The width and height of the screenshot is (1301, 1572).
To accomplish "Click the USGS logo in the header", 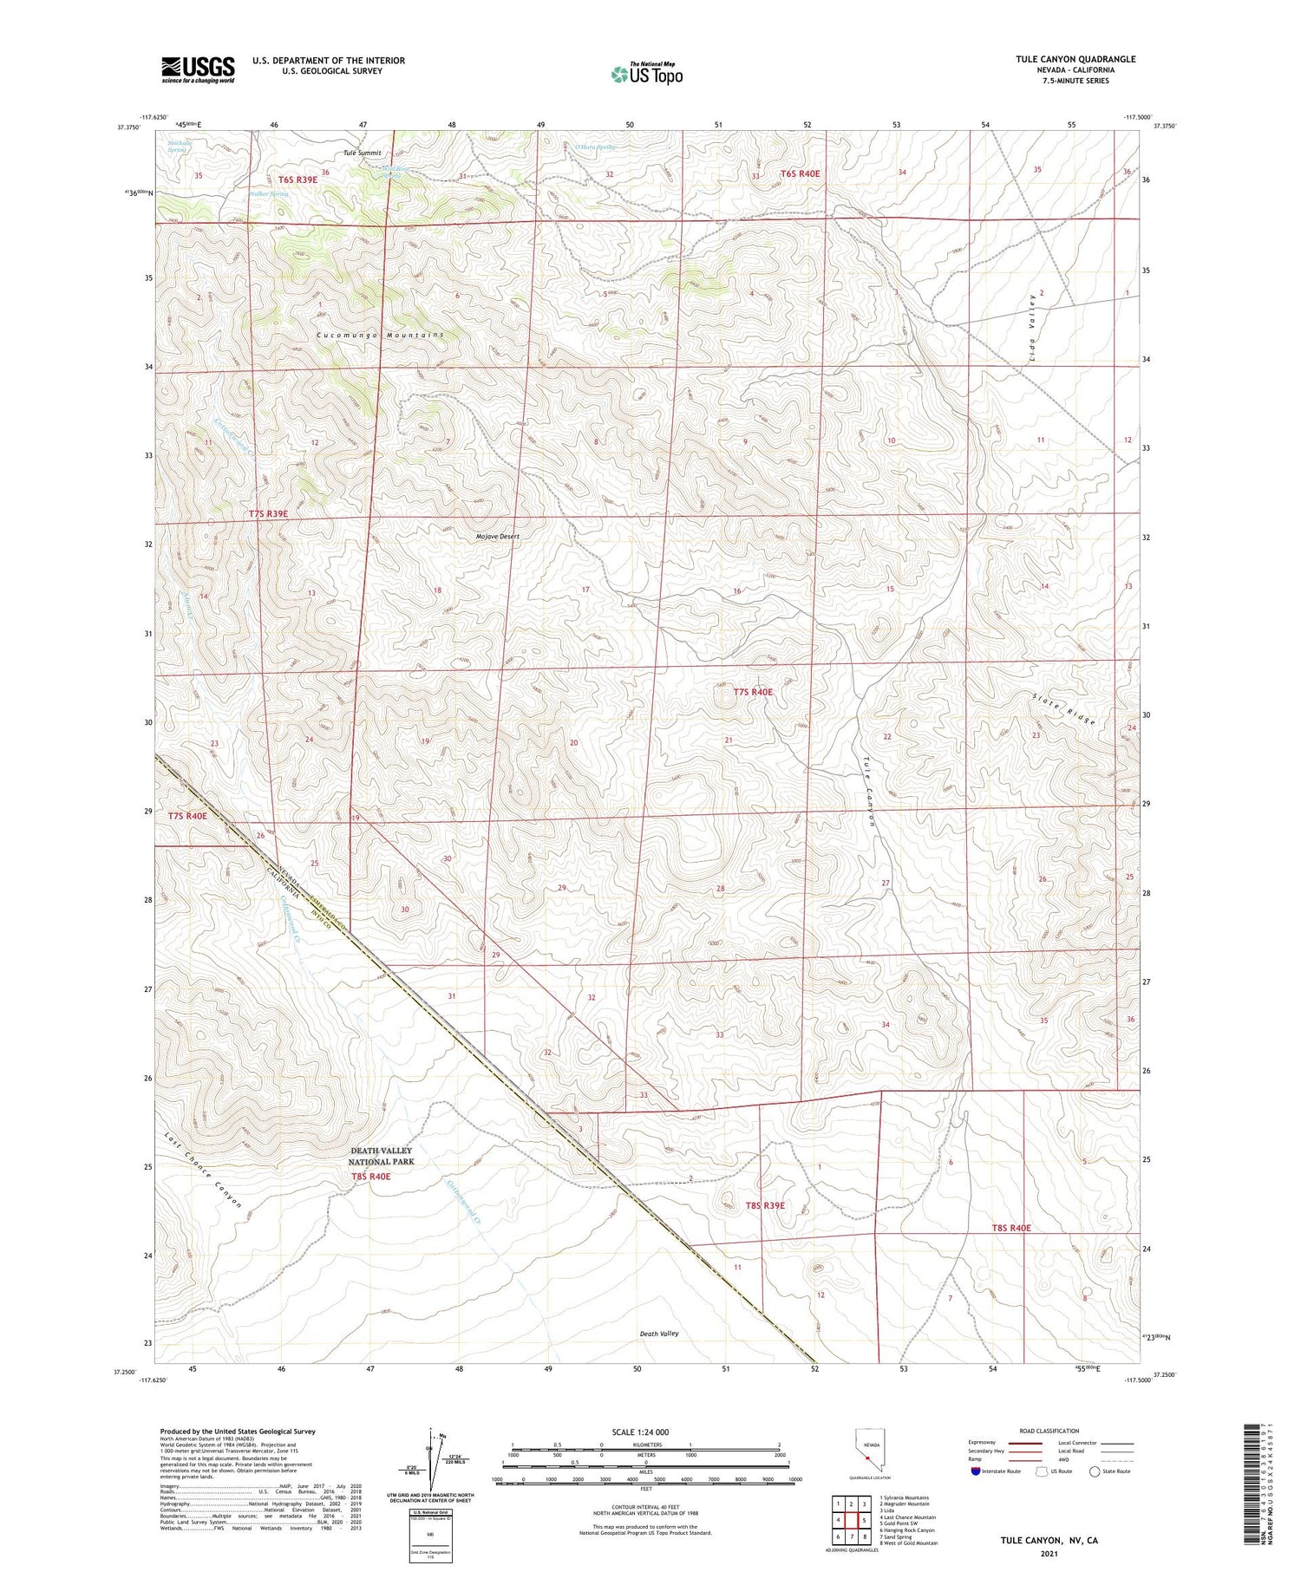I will [198, 69].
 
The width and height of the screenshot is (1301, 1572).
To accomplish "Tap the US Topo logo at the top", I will [646, 74].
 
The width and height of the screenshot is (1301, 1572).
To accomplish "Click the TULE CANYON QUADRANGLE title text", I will [1075, 59].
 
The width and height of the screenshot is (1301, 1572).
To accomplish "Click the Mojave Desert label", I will [498, 537].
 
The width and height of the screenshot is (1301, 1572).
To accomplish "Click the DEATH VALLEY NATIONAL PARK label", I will [382, 1156].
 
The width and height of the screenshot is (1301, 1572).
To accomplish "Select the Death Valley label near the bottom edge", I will [659, 1334].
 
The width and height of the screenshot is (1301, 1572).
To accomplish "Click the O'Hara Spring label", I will [594, 147].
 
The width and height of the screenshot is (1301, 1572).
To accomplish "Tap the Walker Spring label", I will [268, 194].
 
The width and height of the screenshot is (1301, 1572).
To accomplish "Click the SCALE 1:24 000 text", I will [645, 1432].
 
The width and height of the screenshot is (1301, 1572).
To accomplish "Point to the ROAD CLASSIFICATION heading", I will [1049, 1431].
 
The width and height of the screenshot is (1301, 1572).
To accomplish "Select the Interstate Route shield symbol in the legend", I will [976, 1471].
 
